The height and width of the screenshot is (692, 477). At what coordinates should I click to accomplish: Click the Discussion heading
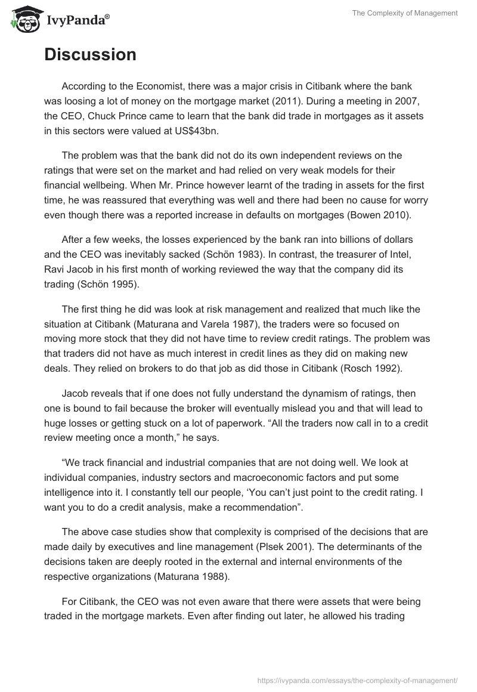[90, 55]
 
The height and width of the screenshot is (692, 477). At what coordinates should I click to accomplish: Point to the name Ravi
[57, 269]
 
